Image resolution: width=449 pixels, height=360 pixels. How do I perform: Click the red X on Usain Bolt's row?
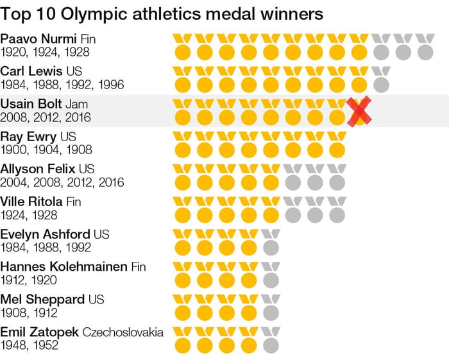[x=360, y=111]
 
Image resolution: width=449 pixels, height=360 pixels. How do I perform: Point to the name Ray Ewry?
[x=28, y=137]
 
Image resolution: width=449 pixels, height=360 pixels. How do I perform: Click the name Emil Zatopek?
[x=38, y=332]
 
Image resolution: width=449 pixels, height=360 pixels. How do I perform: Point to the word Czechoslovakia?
[x=122, y=332]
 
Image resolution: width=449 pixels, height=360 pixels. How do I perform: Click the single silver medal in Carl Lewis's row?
[x=381, y=78]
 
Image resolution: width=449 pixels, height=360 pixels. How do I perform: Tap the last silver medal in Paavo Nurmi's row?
[x=425, y=46]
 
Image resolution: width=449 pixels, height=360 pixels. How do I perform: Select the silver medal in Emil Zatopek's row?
[x=271, y=339]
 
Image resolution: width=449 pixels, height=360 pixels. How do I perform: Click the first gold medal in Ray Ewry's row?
[x=183, y=144]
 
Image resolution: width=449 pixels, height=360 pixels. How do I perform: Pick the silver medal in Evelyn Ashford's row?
[x=271, y=241]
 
